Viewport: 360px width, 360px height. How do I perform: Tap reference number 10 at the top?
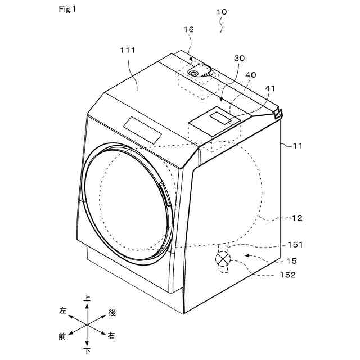point(222,11)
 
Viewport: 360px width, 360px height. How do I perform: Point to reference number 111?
point(128,51)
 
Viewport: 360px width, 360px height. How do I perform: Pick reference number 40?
point(250,75)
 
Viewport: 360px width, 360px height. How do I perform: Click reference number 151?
point(295,245)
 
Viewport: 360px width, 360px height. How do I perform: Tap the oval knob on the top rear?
point(199,71)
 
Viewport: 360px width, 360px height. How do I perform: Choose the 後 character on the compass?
point(112,312)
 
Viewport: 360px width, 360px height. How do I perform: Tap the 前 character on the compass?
point(62,336)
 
